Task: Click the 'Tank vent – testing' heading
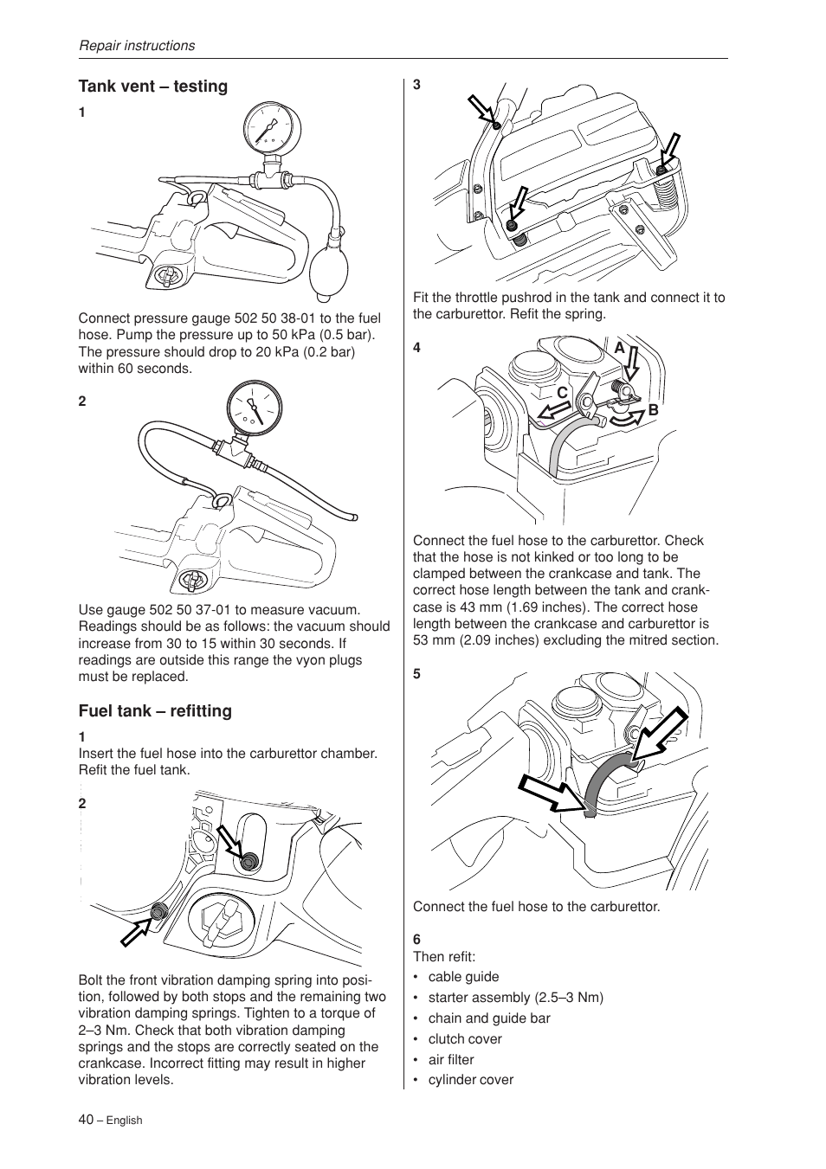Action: click(153, 87)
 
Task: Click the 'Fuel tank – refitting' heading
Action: click(155, 711)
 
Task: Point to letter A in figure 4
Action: click(619, 347)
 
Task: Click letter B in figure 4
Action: click(654, 411)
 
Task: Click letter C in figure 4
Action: click(561, 392)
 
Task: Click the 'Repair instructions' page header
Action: click(137, 46)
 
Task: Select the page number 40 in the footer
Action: click(86, 1119)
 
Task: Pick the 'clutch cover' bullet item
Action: click(465, 1039)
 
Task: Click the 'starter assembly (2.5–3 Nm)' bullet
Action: click(515, 998)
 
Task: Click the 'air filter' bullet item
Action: click(451, 1060)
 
